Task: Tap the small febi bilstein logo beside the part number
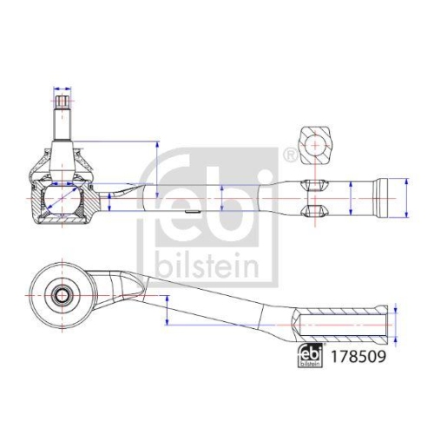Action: pyautogui.click(x=315, y=356)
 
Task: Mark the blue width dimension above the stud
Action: pyautogui.click(x=63, y=89)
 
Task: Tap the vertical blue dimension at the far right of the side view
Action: pyautogui.click(x=405, y=199)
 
